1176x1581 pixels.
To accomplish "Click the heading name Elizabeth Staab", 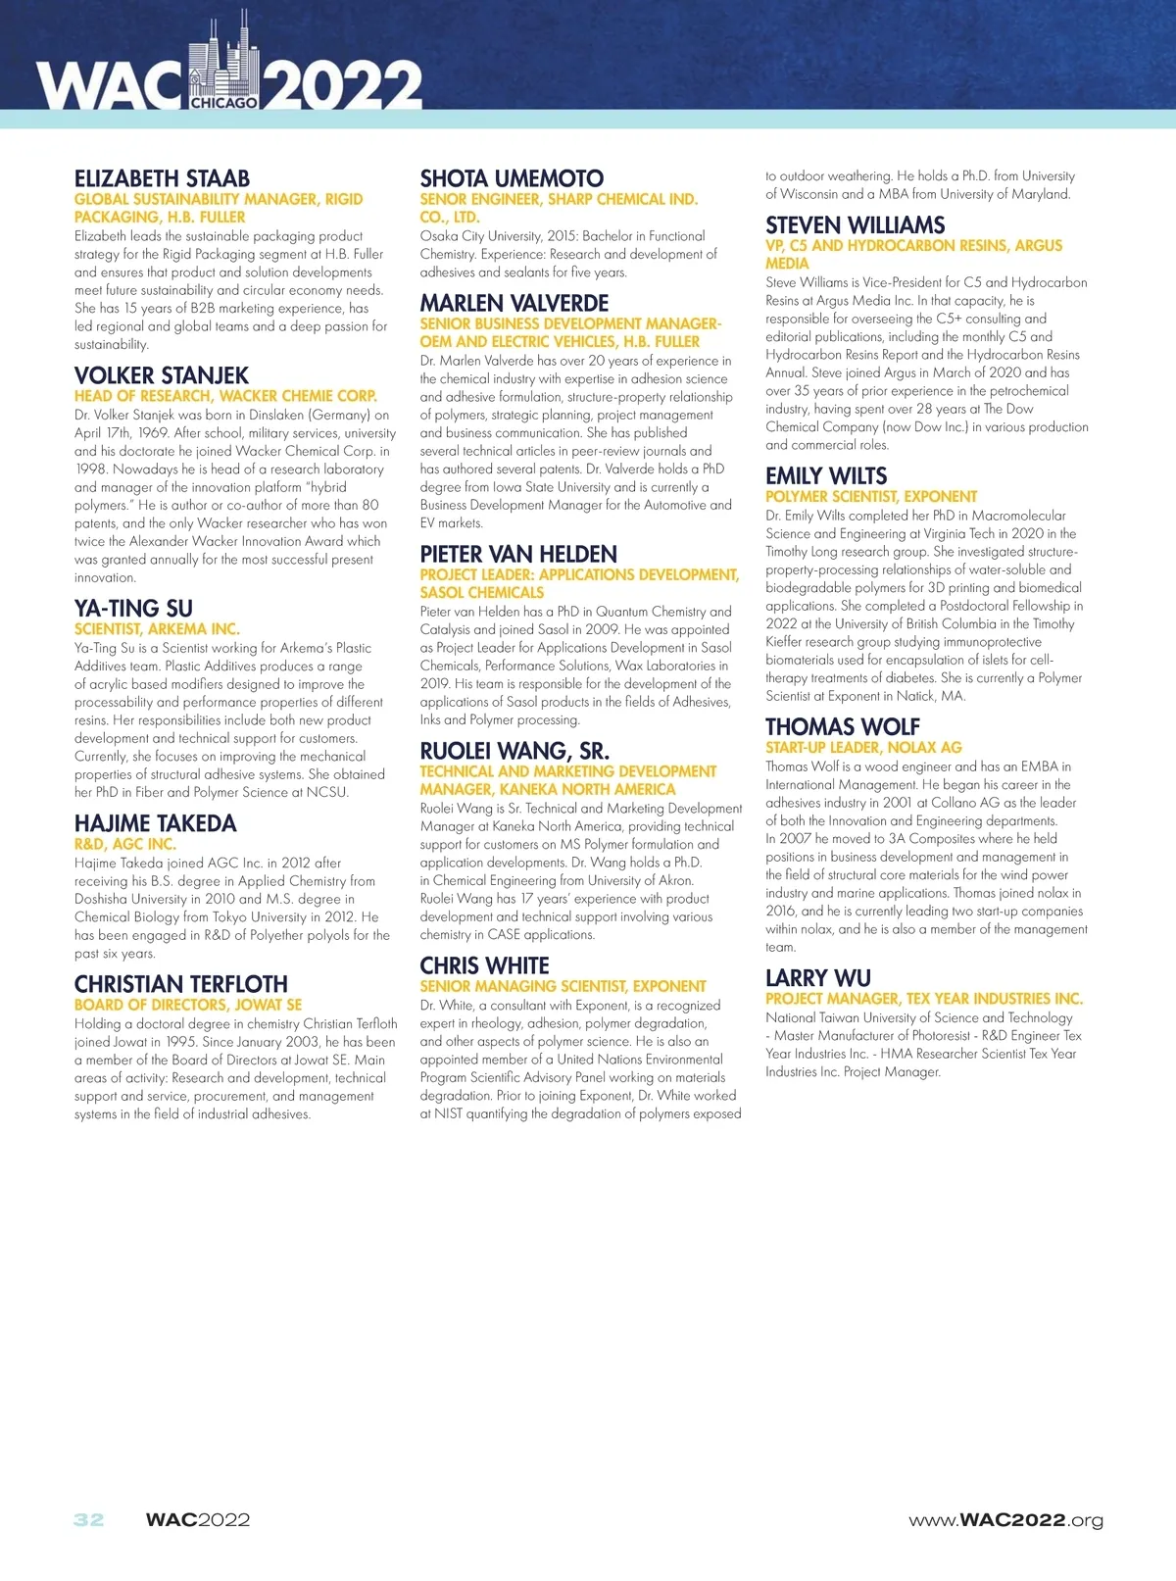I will click(162, 178).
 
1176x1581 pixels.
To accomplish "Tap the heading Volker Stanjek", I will click(162, 375).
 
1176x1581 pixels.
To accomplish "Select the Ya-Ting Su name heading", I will click(133, 608).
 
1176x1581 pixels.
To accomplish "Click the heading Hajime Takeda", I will click(155, 823).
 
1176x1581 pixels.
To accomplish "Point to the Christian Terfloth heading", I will click(181, 984).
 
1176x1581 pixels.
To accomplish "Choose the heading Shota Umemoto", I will click(512, 178).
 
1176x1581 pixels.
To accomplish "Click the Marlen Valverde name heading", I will click(514, 303).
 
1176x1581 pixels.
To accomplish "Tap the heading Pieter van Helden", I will click(518, 554).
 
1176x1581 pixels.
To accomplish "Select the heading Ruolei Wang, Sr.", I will click(514, 751).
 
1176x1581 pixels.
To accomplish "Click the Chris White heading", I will click(484, 965).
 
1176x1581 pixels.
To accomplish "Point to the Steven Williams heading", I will click(855, 225).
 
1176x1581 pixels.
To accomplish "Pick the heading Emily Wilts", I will click(826, 476).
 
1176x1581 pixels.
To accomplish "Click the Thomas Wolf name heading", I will click(842, 727).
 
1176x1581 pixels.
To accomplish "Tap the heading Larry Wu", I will click(817, 978).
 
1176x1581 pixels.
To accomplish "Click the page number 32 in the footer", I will click(88, 1520).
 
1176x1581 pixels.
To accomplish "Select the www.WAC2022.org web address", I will click(1005, 1520).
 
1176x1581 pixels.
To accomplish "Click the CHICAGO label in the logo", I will click(224, 103).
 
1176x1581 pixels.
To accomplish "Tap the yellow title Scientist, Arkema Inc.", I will click(157, 628).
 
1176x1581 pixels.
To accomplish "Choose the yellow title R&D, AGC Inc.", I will click(125, 844).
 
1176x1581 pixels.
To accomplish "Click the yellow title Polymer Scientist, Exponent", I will click(871, 497).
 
